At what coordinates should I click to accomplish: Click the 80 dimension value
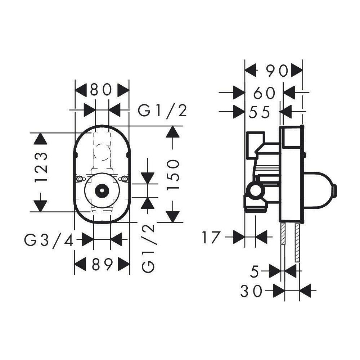101,90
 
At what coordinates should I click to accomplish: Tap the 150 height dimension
173,175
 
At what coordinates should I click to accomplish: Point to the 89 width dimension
102,265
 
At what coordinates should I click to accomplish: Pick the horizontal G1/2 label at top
162,111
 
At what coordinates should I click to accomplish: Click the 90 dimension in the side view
277,71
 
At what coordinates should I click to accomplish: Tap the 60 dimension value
264,93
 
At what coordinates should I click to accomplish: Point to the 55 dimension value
259,112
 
